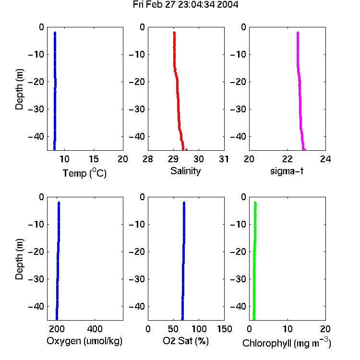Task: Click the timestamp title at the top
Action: coord(185,4)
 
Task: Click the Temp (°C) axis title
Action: coord(84,173)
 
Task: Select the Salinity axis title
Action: coord(185,171)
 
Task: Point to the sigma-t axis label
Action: coord(287,171)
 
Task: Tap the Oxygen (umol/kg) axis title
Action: coord(84,341)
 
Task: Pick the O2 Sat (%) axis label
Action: coord(186,341)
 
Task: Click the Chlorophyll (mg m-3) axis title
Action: coord(287,343)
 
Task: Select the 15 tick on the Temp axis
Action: coord(94,159)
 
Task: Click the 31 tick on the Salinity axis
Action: coord(224,159)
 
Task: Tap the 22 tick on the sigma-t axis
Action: coord(288,159)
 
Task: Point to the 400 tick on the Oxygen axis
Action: coord(95,329)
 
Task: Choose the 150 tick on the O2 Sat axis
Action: coord(225,329)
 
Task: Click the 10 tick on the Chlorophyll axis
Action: coord(288,329)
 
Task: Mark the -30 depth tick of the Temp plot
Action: coord(36,109)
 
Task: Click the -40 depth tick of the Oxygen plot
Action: coord(36,306)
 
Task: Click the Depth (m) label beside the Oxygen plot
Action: coord(19,259)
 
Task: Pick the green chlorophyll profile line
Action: coord(254,261)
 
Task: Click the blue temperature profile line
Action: coord(55,91)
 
